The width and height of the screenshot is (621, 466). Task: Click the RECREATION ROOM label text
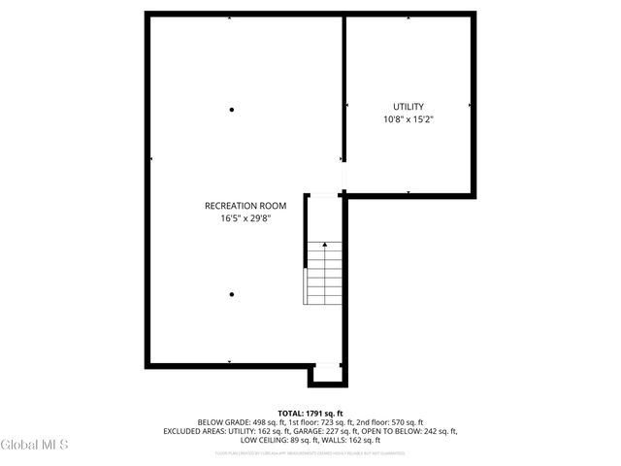(x=245, y=205)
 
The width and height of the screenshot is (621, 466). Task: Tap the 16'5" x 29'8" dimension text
(x=245, y=218)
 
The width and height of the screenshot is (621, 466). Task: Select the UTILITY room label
(x=408, y=107)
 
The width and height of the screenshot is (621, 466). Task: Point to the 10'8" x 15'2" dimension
(x=408, y=120)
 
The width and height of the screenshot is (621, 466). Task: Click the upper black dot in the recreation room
(x=231, y=110)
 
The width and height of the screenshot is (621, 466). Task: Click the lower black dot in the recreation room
(x=231, y=294)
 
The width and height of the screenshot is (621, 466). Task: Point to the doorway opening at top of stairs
(x=324, y=196)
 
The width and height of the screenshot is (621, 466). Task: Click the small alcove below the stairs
(x=327, y=375)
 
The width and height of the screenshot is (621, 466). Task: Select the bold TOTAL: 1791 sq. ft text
(x=310, y=414)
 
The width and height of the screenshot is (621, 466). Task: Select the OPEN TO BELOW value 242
(x=434, y=430)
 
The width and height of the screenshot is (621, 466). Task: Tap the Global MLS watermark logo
(x=35, y=446)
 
